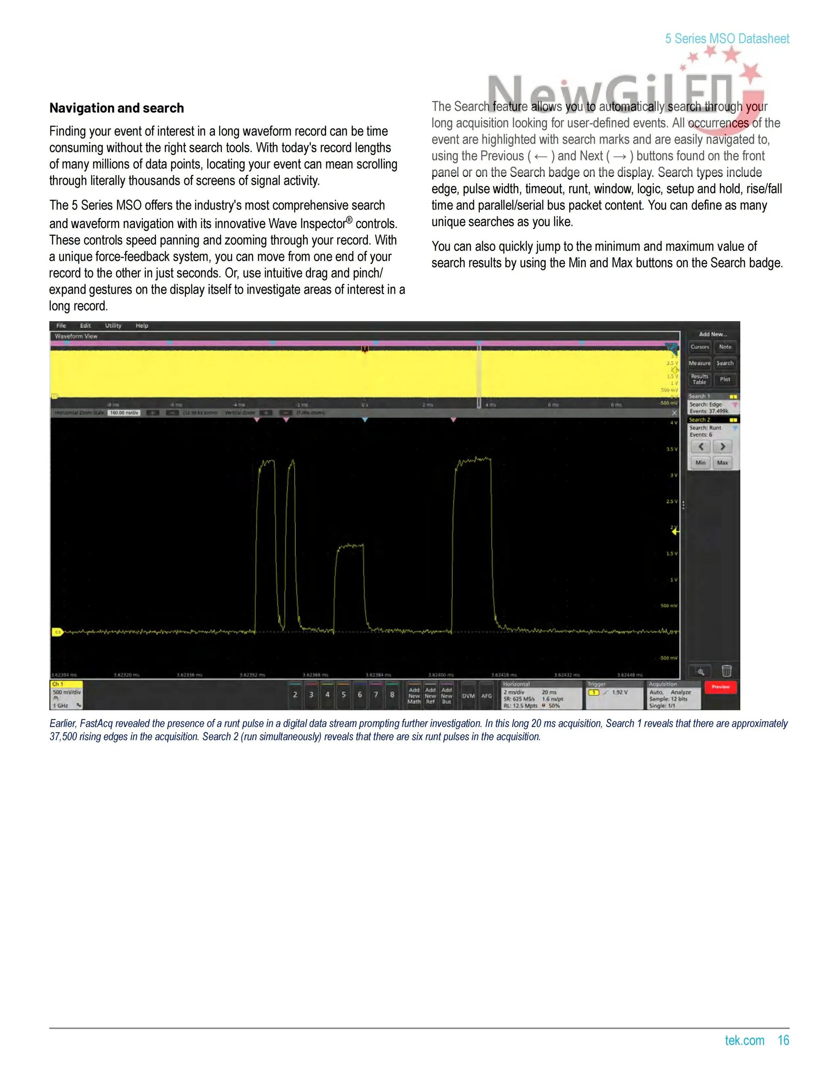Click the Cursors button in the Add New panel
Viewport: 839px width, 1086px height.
tap(699, 347)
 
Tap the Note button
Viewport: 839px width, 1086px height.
tap(725, 347)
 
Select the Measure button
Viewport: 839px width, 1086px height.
tap(699, 364)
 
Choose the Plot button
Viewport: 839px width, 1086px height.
tap(725, 380)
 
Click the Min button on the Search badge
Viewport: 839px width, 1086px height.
tap(700, 463)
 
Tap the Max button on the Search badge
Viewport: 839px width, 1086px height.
tap(722, 463)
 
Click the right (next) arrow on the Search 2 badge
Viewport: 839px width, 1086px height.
tap(722, 446)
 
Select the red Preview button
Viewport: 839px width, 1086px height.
tap(720, 687)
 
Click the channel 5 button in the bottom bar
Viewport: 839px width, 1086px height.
tap(344, 695)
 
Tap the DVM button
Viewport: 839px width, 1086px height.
tap(468, 696)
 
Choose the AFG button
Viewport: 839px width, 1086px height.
tap(486, 696)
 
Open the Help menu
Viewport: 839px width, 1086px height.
tap(142, 326)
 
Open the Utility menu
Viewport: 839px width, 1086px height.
tap(113, 326)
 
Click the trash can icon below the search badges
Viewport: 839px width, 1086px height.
tap(726, 671)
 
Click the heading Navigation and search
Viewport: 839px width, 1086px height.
tap(116, 108)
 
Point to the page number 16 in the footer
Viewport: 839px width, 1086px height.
tap(783, 1040)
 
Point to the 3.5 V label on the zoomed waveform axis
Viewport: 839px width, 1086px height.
tap(671, 449)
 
